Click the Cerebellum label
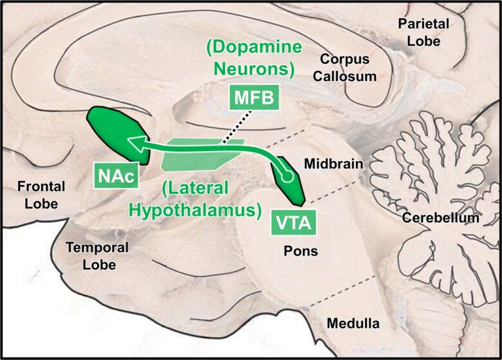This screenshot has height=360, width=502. pyautogui.click(x=441, y=218)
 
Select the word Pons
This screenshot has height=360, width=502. pyautogui.click(x=301, y=251)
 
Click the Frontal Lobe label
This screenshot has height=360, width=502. pyautogui.click(x=41, y=194)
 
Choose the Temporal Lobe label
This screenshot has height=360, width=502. pyautogui.click(x=97, y=256)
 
